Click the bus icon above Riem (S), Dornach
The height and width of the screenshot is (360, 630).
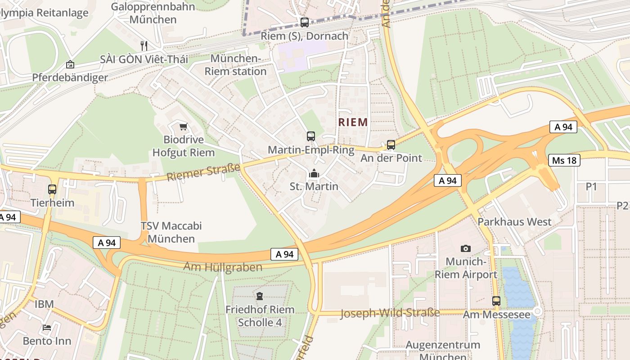pos(305,22)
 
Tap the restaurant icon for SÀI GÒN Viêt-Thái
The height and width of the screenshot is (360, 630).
pos(144,45)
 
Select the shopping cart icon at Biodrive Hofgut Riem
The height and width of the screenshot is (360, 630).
pos(183,126)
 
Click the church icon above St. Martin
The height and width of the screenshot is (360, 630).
pos(314,173)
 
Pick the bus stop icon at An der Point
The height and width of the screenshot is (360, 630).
pos(391,145)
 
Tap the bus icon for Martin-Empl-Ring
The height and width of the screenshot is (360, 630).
pos(310,136)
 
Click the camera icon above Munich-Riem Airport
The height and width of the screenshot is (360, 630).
pos(466,248)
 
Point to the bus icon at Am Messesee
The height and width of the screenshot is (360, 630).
pos(496,301)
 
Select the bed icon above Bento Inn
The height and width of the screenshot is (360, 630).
pos(47,328)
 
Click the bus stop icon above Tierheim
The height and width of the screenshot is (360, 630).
pos(52,189)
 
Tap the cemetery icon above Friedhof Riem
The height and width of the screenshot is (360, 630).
pos(260,296)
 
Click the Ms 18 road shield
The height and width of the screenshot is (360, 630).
pos(564,160)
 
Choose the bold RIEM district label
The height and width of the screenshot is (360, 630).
pos(353,122)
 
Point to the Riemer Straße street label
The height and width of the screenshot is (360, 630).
pos(203,173)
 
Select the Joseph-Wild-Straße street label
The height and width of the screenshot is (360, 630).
pos(390,313)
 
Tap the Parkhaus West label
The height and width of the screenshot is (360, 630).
pos(514,222)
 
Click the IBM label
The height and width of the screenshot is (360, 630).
pos(45,304)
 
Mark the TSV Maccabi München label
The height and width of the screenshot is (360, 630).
pos(171,232)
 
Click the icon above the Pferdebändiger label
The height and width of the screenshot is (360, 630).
pos(70,65)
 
